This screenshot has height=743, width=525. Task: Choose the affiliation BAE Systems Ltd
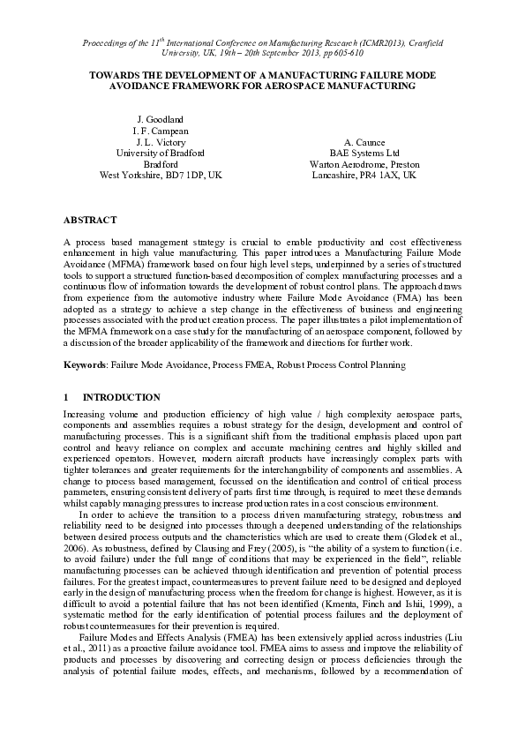tap(364, 153)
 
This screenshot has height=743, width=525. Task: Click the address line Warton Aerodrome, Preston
tap(364, 164)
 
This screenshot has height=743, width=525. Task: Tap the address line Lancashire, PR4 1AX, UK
tap(364, 176)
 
